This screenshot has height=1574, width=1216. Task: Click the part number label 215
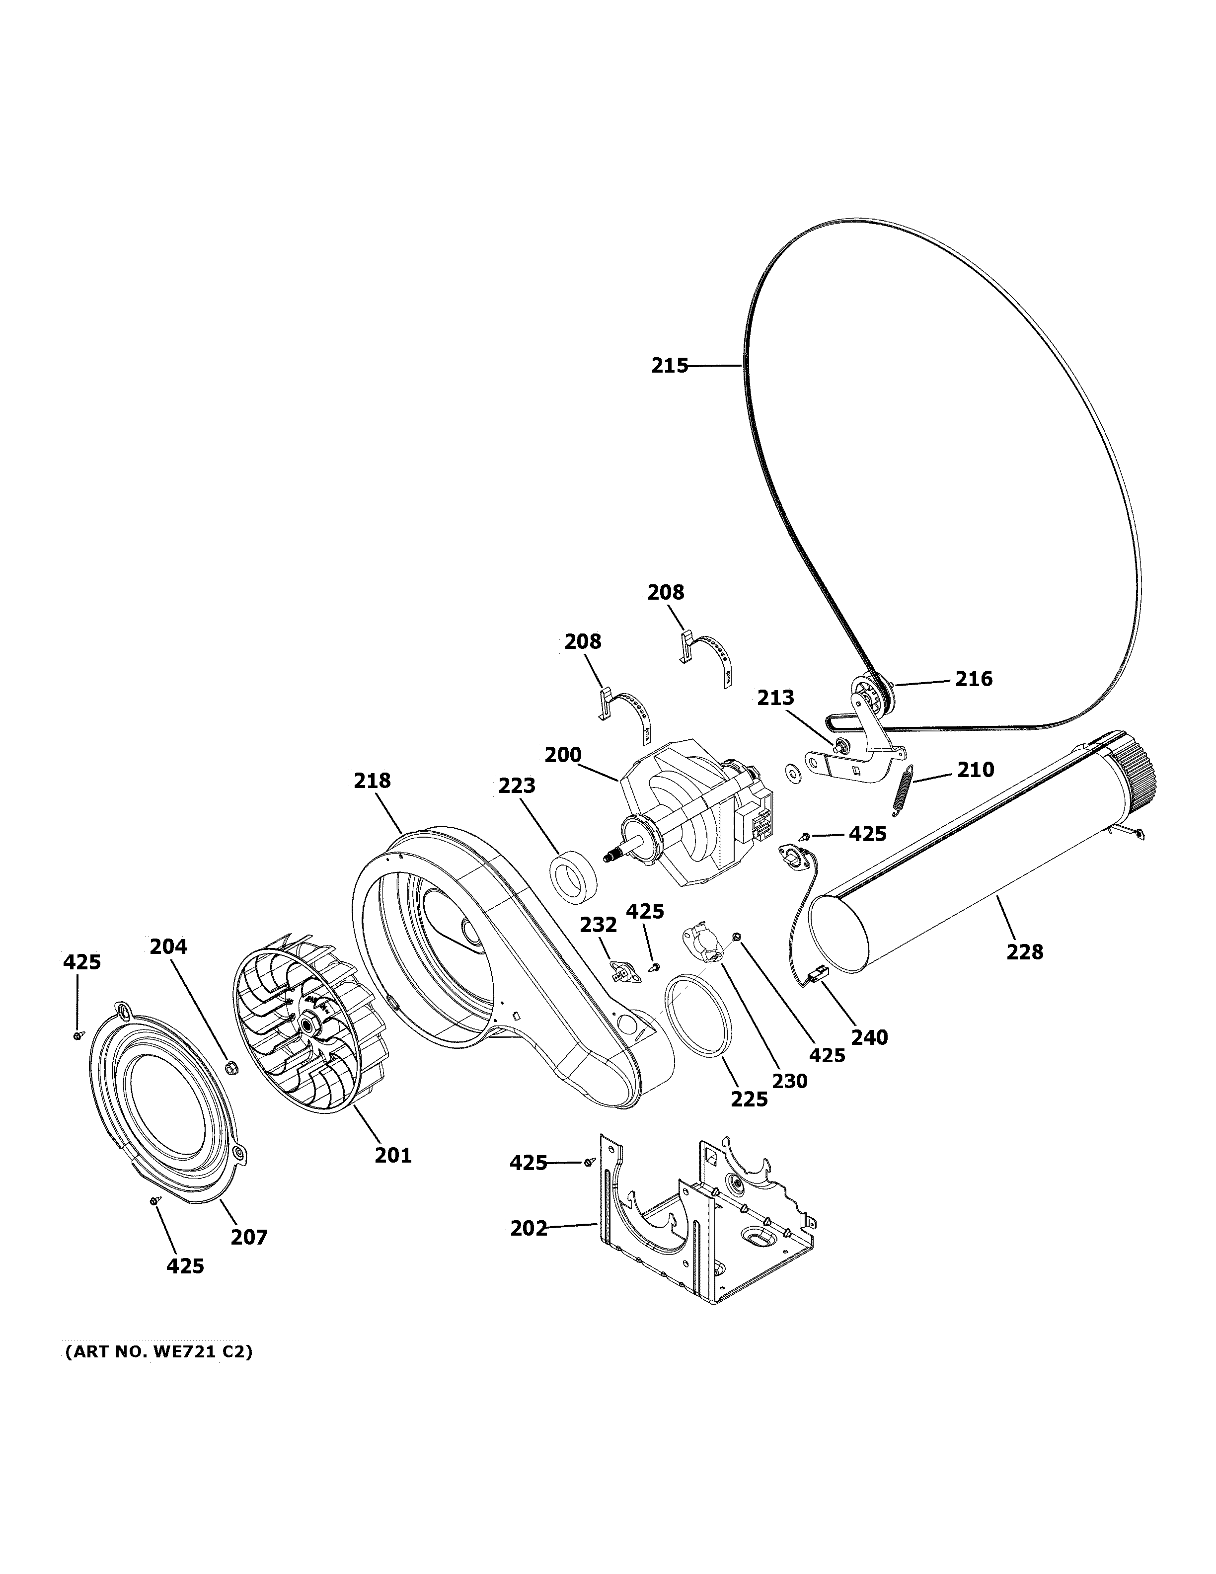pos(669,366)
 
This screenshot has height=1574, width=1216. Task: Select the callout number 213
pos(775,698)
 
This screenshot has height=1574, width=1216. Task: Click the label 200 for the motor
pos(563,755)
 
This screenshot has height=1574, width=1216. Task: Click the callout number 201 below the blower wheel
pos(392,1155)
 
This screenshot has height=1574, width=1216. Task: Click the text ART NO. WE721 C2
pos(158,1352)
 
